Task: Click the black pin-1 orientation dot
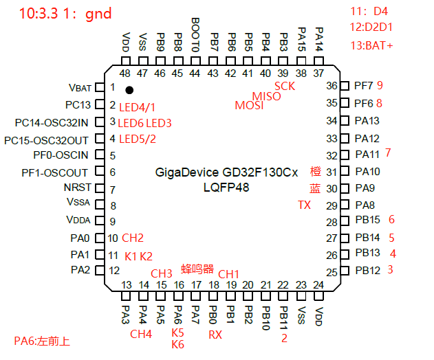(x=129, y=90)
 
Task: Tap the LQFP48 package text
(x=226, y=188)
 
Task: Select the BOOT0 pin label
(x=195, y=36)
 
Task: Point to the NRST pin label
(x=76, y=188)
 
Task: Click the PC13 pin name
(x=78, y=105)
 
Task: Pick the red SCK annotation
(x=284, y=86)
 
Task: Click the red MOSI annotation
(x=249, y=105)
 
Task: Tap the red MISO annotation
(x=267, y=96)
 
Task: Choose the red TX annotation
(x=304, y=205)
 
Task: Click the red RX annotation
(x=215, y=335)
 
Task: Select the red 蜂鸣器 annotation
(x=197, y=268)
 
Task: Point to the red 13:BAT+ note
(x=371, y=46)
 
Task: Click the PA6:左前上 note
(x=42, y=341)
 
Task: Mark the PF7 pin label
(x=363, y=86)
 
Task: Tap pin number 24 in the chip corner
(x=318, y=284)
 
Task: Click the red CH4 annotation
(x=141, y=335)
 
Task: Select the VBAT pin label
(x=80, y=88)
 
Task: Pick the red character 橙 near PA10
(x=315, y=172)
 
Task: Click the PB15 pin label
(x=368, y=221)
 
